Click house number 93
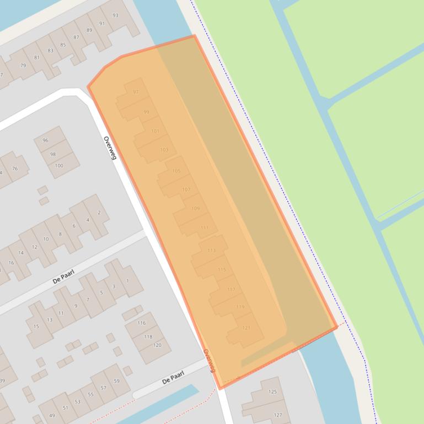click(115, 15)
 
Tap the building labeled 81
click(37, 57)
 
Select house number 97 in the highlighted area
click(136, 92)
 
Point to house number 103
click(164, 150)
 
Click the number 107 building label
click(186, 189)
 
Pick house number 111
click(205, 227)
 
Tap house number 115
click(222, 270)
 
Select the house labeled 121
click(246, 328)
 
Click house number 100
click(59, 165)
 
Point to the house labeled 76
click(15, 168)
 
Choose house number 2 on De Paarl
click(99, 213)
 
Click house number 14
click(21, 253)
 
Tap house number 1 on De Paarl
click(127, 281)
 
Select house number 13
click(50, 320)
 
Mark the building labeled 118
click(148, 336)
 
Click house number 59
click(116, 381)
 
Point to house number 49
click(52, 415)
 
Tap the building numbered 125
click(272, 392)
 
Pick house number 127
click(278, 415)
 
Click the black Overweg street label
click(110, 148)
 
